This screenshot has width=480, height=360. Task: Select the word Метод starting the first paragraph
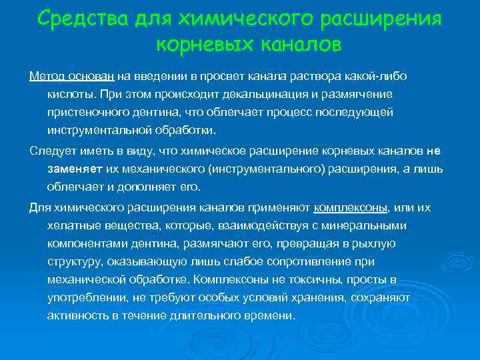pyautogui.click(x=47, y=76)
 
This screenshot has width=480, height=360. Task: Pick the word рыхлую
pyautogui.click(x=375, y=243)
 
